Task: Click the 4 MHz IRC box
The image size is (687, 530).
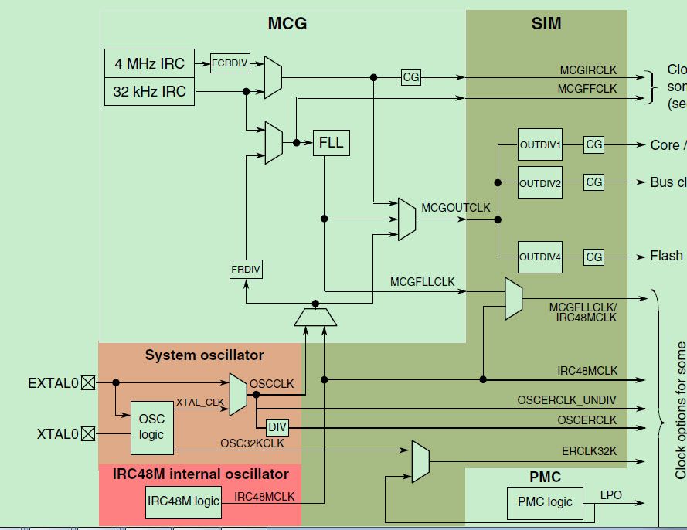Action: point(149,63)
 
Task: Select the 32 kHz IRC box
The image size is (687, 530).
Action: point(149,91)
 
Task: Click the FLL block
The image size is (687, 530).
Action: point(331,143)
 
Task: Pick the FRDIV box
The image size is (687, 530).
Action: point(246,270)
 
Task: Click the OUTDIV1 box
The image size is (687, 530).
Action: point(540,144)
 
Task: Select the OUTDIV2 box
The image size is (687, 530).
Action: point(540,183)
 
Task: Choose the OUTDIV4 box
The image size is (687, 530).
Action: point(540,257)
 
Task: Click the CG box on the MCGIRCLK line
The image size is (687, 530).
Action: point(411,77)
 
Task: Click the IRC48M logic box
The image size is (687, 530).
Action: point(184,501)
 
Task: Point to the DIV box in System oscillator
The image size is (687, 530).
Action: point(277,427)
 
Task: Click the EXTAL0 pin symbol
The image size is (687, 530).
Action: point(88,382)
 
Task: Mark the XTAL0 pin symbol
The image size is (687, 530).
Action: point(88,433)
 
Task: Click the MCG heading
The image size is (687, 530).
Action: point(287,24)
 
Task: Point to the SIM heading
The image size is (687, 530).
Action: point(546,24)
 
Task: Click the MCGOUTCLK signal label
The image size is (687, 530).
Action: point(456,208)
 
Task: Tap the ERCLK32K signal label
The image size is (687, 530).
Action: point(590,450)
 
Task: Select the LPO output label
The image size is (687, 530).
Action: point(610,494)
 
